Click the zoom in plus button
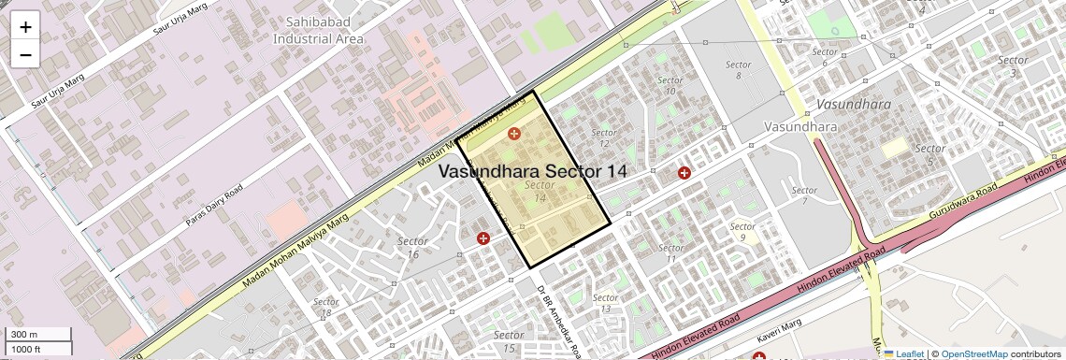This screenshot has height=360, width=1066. (25, 27)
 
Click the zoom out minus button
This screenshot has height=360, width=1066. (25, 54)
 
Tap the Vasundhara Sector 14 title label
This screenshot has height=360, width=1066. (532, 172)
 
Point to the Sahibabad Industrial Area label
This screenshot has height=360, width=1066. (318, 31)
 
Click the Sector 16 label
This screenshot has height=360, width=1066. (413, 248)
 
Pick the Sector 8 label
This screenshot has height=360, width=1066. (738, 69)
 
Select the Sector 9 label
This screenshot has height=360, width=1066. (742, 232)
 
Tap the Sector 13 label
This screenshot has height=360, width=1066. (606, 303)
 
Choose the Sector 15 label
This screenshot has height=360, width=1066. (508, 341)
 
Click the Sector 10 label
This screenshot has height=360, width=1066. (670, 85)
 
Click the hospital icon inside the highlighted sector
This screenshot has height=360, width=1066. (513, 135)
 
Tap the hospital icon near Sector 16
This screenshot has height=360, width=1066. (483, 239)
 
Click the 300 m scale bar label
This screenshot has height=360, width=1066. (25, 335)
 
